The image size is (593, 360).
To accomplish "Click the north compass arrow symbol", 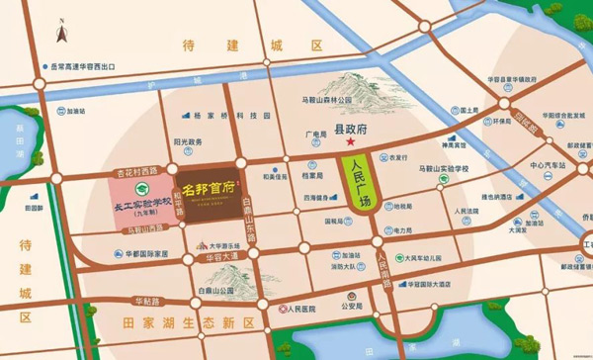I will point(62,34).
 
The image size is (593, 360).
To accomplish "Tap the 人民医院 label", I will point(299,309).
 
